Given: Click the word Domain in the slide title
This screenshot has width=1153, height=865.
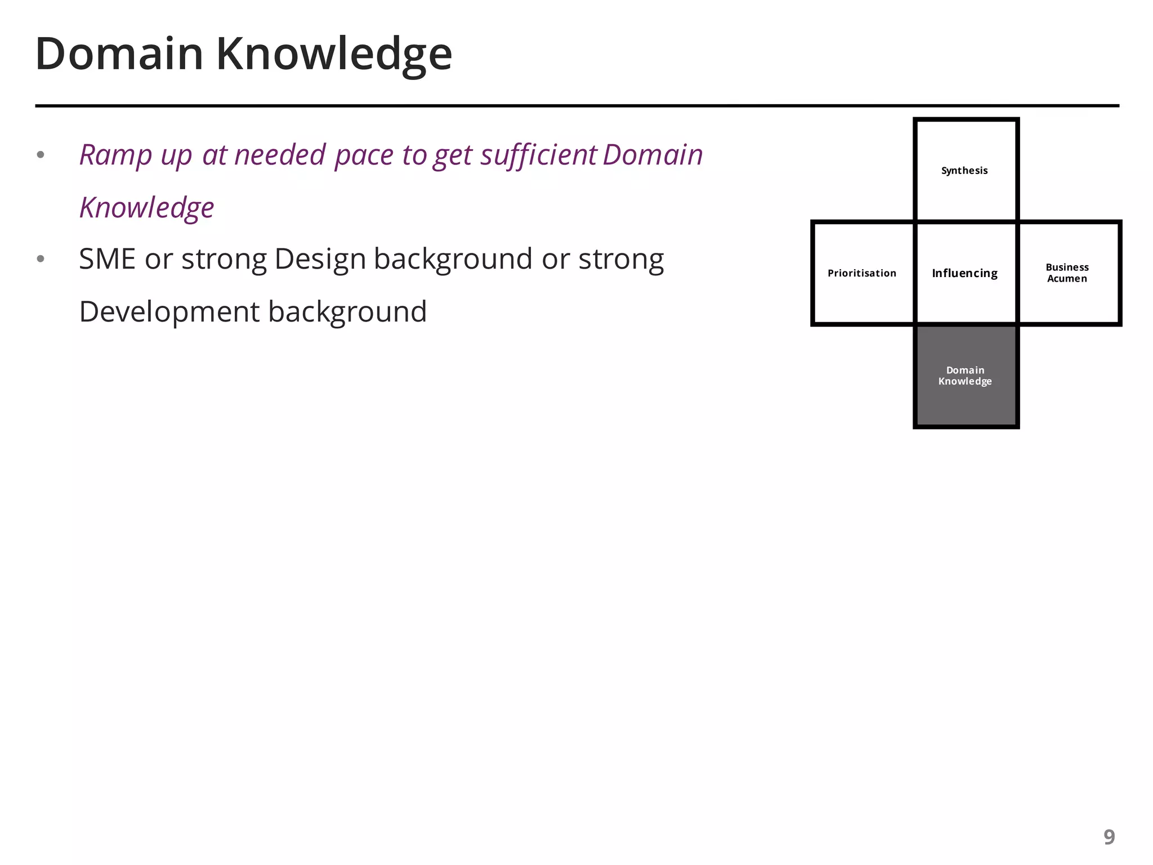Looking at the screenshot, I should click(119, 54).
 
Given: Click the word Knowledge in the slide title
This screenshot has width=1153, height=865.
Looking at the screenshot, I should click(334, 54).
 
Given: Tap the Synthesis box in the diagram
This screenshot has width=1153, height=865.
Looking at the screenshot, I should click(965, 171).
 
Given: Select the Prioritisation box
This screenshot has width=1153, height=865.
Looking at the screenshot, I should click(862, 273).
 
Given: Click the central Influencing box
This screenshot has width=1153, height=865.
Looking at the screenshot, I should click(965, 273).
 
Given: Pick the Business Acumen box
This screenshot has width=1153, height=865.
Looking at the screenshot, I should click(1067, 273).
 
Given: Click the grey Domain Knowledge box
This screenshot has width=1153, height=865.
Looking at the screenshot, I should click(965, 376).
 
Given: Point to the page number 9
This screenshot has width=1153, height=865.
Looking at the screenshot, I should click(1109, 837).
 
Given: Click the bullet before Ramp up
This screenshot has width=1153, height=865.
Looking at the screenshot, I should click(41, 155).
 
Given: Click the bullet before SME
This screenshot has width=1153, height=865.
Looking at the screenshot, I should click(41, 259).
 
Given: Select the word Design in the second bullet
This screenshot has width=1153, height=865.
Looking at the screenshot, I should click(320, 259).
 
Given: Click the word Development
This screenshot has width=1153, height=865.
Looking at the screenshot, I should click(169, 312).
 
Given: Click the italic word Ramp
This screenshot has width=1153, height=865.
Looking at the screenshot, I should click(115, 155).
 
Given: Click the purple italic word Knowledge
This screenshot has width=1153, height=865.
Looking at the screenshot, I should click(146, 207).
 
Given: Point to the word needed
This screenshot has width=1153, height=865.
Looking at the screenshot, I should click(280, 155).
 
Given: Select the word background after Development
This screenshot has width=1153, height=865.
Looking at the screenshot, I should click(347, 312).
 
